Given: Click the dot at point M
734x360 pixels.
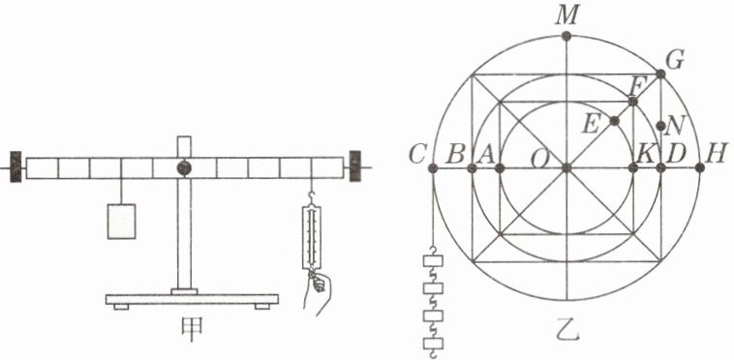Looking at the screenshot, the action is click(566, 36).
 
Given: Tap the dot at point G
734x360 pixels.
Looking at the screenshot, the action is click(660, 74).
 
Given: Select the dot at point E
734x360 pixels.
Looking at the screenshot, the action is click(615, 121).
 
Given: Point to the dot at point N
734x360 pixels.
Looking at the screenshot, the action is click(661, 125).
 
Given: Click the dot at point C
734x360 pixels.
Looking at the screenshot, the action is click(433, 168).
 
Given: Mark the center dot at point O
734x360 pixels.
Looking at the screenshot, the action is click(566, 168).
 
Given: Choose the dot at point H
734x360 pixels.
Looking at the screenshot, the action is click(700, 168).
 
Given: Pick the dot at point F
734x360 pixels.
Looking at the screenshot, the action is click(633, 102).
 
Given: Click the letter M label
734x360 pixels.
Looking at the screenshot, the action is click(566, 16).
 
